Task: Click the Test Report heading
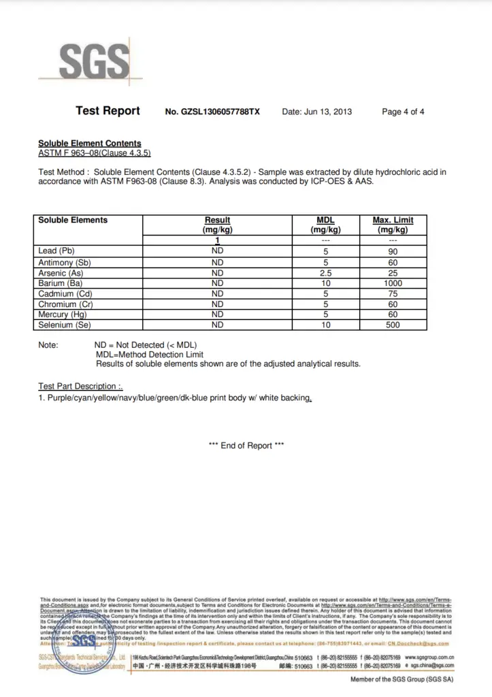(108, 111)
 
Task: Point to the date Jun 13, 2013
(317, 112)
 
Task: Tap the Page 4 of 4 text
(403, 112)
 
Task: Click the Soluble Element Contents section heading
(90, 144)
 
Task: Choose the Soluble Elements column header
(73, 221)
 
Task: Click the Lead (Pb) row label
(56, 251)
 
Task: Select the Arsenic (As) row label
(61, 273)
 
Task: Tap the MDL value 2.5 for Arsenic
(325, 273)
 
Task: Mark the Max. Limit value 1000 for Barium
(393, 283)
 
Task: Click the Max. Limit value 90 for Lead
(393, 251)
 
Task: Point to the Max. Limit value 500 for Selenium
(393, 325)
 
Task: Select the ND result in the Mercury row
(217, 314)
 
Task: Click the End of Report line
(246, 446)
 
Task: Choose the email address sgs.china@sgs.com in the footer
(431, 666)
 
